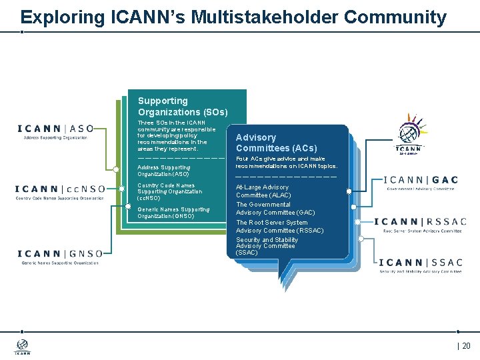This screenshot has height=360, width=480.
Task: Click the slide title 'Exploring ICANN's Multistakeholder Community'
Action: coord(233,17)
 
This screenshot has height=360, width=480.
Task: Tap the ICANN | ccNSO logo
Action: coord(60,191)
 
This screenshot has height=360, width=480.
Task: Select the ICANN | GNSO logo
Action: coord(60,257)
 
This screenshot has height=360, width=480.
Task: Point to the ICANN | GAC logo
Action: coord(421,183)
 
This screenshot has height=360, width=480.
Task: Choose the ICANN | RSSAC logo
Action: coord(420,225)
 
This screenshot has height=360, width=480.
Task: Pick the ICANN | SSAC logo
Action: coord(420,265)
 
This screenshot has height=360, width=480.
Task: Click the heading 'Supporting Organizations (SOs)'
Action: coord(183,107)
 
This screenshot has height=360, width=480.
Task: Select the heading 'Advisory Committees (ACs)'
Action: coord(276,143)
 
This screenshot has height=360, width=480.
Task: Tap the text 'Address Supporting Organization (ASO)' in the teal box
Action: coord(164,171)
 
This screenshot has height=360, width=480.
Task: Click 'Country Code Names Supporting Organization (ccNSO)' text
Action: coord(169,192)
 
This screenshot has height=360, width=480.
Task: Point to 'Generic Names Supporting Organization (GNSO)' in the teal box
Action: coord(173,213)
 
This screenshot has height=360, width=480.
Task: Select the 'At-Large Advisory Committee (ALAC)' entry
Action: coord(263,191)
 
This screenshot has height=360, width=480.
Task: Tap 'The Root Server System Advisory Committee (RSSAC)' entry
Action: coord(279,227)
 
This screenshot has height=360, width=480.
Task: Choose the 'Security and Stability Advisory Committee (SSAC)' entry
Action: coord(267,246)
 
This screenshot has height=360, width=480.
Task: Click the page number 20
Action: coord(465,345)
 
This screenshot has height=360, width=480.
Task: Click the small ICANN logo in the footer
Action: coord(23,347)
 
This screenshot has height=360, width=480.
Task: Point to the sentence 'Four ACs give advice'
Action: coord(287,162)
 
